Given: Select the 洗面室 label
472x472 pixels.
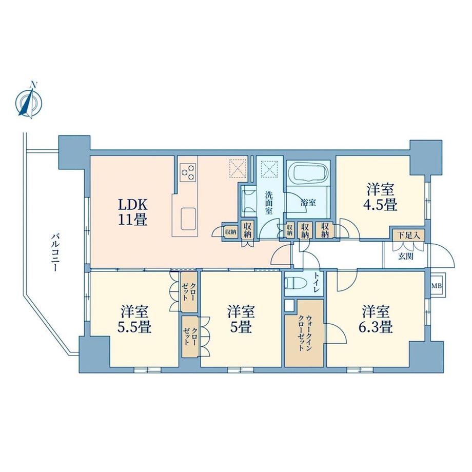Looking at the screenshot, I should (x=270, y=202).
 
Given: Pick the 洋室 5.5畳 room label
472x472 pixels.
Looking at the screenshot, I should (x=135, y=319).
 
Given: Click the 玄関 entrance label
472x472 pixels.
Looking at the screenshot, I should (x=405, y=257).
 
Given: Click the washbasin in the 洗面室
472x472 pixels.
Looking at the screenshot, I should (x=249, y=200).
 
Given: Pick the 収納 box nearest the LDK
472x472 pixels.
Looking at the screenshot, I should (x=229, y=231).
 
